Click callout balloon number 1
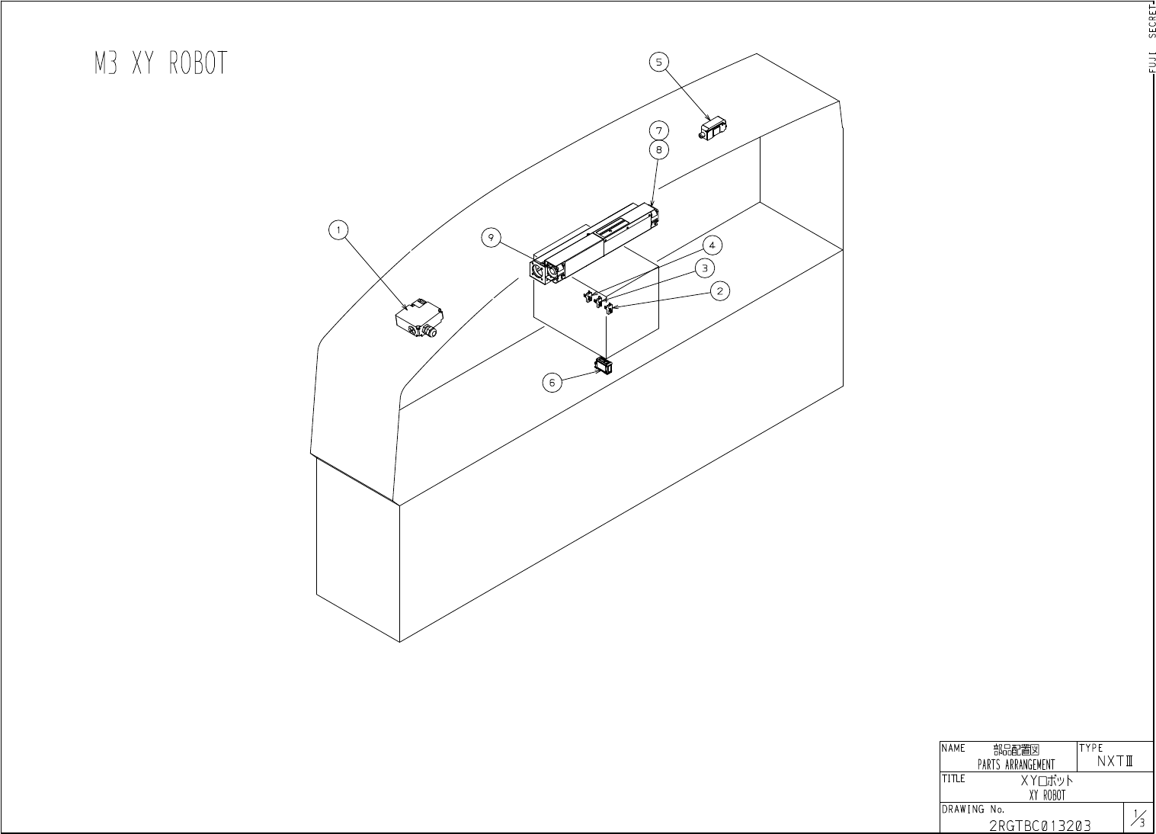pos(339,229)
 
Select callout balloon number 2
pos(719,290)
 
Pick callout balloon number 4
pos(712,245)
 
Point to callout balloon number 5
pos(660,62)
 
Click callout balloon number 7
pos(660,130)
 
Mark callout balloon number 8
pos(660,149)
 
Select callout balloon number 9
pos(492,239)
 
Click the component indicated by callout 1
pos(420,319)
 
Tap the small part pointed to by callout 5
pos(714,129)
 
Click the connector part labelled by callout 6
pos(604,367)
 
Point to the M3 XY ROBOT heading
pos(161,64)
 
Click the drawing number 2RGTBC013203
pos(1039,826)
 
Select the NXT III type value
pos(1116,761)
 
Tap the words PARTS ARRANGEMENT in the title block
pos(1016,765)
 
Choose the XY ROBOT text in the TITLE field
pos(1047,795)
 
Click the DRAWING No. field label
pos(973,809)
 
